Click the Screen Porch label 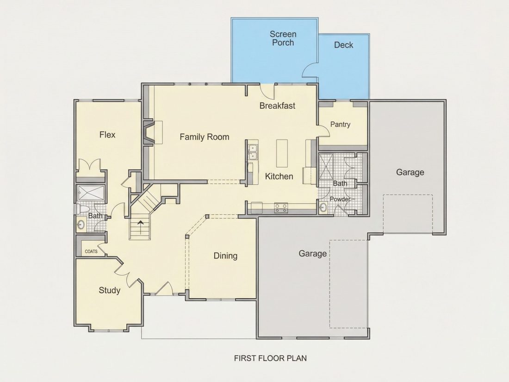(x=283, y=38)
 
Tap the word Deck (x=343, y=45)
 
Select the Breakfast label (x=277, y=106)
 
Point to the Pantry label (x=340, y=125)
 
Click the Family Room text (x=205, y=137)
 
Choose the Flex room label (x=107, y=134)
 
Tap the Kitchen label (x=279, y=176)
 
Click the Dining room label (x=225, y=256)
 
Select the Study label (x=109, y=290)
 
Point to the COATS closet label (x=91, y=251)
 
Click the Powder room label (x=340, y=199)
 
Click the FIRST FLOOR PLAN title (x=270, y=358)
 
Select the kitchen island (x=282, y=153)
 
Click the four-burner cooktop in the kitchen (x=281, y=208)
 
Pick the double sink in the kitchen (x=252, y=152)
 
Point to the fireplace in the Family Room (x=149, y=132)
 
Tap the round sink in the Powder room (x=323, y=208)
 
